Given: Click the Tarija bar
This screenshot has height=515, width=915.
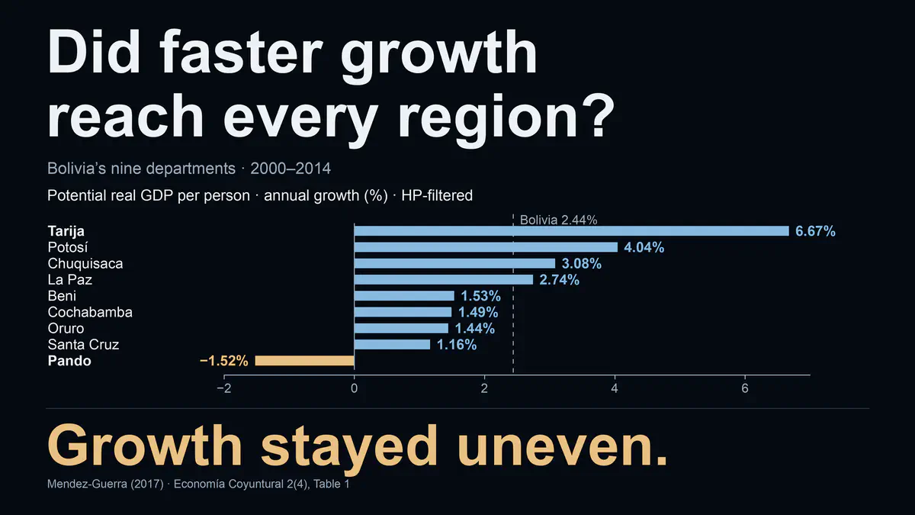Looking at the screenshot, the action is [x=571, y=231].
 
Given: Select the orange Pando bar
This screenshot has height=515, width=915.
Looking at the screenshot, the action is [x=305, y=360].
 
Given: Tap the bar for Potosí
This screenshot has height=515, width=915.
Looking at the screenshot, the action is [x=486, y=247].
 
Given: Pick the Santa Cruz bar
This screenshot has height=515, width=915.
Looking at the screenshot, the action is [x=392, y=345].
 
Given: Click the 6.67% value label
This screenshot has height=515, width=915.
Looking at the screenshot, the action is [x=815, y=231].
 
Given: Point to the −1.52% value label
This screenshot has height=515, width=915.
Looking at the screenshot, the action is [x=224, y=361].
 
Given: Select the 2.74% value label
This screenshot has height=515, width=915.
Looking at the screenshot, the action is [x=559, y=280].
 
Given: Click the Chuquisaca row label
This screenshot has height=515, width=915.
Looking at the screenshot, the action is [x=85, y=264].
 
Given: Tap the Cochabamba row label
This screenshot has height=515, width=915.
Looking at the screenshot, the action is [x=90, y=312].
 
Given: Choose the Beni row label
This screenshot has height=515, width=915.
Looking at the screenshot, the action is [x=62, y=296].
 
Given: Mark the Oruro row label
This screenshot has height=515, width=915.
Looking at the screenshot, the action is [x=66, y=329].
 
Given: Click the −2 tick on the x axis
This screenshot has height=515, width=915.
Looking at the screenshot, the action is [x=224, y=388].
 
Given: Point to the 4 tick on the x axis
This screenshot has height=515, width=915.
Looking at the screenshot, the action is [x=615, y=388].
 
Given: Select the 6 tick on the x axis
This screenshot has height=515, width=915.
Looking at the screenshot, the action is [x=745, y=388].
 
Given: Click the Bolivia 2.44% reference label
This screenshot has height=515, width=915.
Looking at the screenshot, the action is [x=558, y=220].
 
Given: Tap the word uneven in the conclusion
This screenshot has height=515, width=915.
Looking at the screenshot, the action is [x=562, y=446].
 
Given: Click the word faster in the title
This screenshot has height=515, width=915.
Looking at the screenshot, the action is [x=241, y=53].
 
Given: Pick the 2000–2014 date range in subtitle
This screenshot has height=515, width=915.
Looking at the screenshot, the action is [x=291, y=169].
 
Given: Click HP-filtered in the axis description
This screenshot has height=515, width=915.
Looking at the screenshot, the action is [x=437, y=195].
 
